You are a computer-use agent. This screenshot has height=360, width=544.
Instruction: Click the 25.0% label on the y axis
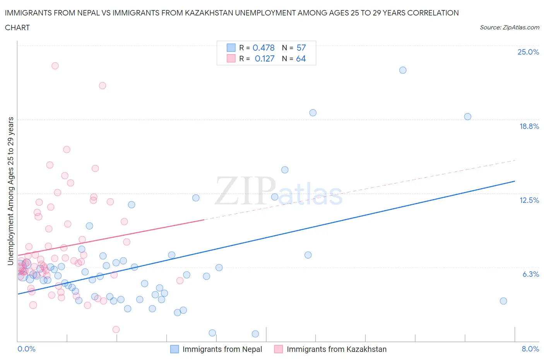[x=528, y=52]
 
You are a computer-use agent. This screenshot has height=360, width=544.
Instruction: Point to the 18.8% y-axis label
[x=529, y=126]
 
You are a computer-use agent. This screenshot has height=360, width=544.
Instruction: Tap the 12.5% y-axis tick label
[x=529, y=200]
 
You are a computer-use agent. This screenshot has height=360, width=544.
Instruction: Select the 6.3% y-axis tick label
[x=530, y=274]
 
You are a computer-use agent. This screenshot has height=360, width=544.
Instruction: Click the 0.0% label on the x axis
[x=26, y=349]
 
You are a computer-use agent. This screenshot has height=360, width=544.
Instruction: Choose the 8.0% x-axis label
[x=530, y=349]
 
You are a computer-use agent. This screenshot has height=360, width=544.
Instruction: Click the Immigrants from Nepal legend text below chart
[x=222, y=349]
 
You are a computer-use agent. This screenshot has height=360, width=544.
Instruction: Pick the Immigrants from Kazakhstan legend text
[x=336, y=349]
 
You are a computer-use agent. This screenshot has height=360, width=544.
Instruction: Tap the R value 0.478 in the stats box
[x=263, y=48]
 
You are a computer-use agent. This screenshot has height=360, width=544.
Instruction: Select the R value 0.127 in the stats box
[x=264, y=58]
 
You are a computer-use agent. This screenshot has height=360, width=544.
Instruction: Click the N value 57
[x=301, y=48]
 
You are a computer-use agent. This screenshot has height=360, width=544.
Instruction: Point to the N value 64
[x=301, y=58]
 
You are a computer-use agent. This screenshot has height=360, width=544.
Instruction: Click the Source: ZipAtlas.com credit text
[x=509, y=27]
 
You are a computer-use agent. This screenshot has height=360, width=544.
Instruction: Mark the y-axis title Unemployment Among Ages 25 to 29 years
[x=11, y=191]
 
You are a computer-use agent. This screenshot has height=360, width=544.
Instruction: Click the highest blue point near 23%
[x=403, y=70]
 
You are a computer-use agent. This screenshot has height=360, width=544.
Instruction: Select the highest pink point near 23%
[x=55, y=66]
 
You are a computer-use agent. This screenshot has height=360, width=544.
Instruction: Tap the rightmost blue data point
[x=503, y=301]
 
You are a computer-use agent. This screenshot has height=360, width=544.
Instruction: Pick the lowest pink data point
[x=116, y=329]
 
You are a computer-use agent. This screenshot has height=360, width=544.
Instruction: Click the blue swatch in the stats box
[x=231, y=48]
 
